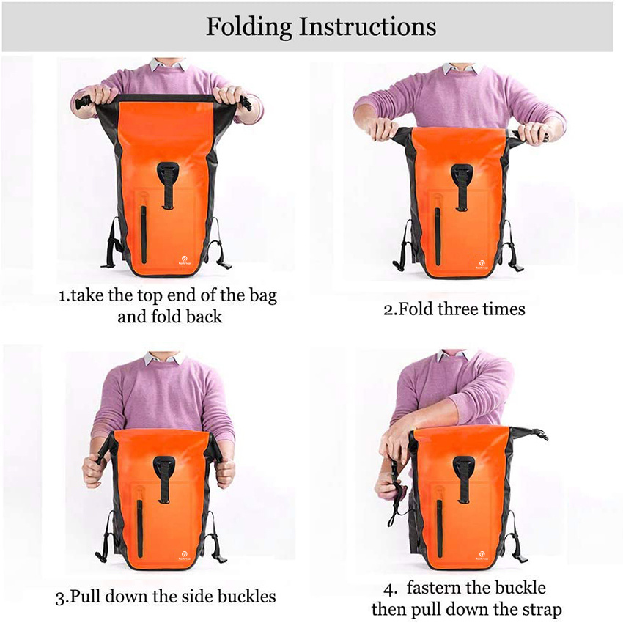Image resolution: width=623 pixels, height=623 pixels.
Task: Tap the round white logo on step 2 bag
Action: [x=482, y=260]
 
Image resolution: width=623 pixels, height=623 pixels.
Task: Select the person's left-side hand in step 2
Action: [x=383, y=130]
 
